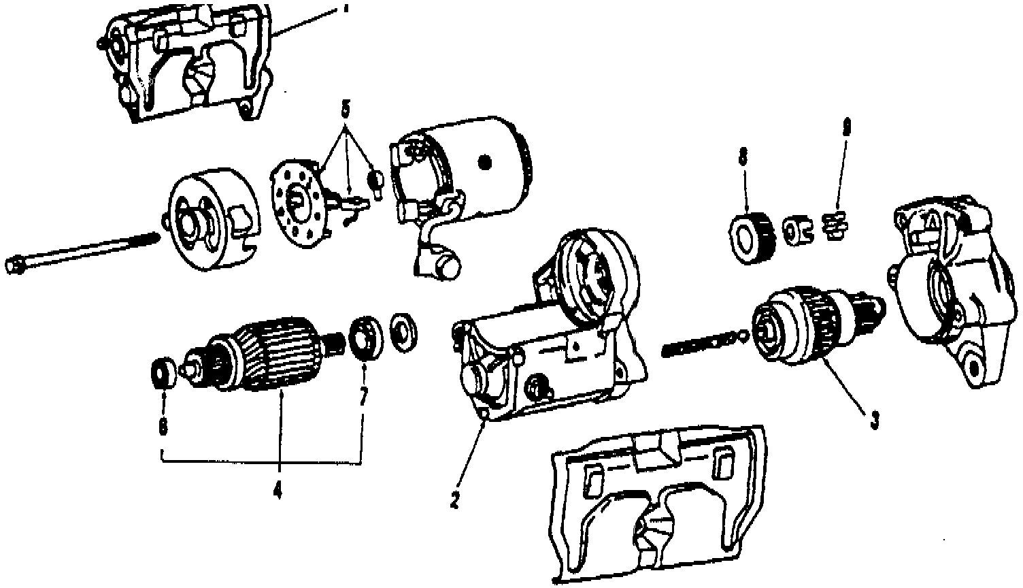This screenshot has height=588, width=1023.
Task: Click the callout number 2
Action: (x=454, y=499)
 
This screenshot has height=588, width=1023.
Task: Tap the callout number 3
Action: (x=875, y=420)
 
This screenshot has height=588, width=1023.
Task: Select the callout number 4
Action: (x=278, y=489)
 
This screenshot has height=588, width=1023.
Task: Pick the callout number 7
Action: (x=363, y=397)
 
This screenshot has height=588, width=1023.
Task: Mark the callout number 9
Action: (x=845, y=127)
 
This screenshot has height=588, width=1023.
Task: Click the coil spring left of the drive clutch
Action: (x=701, y=344)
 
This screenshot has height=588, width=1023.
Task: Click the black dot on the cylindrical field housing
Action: (x=484, y=162)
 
